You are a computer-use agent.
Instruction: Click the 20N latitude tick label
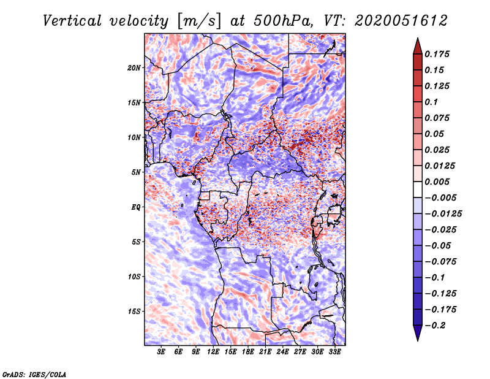134,67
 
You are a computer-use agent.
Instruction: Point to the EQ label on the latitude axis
135,207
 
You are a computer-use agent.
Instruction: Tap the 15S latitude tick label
134,311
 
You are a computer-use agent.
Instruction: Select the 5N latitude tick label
135,172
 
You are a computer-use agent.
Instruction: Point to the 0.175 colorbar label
438,54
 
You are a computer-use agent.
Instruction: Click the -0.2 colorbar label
436,325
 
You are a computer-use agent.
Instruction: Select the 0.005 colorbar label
438,182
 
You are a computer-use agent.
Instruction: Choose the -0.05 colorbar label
438,245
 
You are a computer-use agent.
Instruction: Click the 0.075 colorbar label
438,118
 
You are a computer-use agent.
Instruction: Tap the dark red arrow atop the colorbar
417,44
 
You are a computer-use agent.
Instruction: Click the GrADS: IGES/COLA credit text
34,373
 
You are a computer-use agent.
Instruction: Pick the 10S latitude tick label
134,277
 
